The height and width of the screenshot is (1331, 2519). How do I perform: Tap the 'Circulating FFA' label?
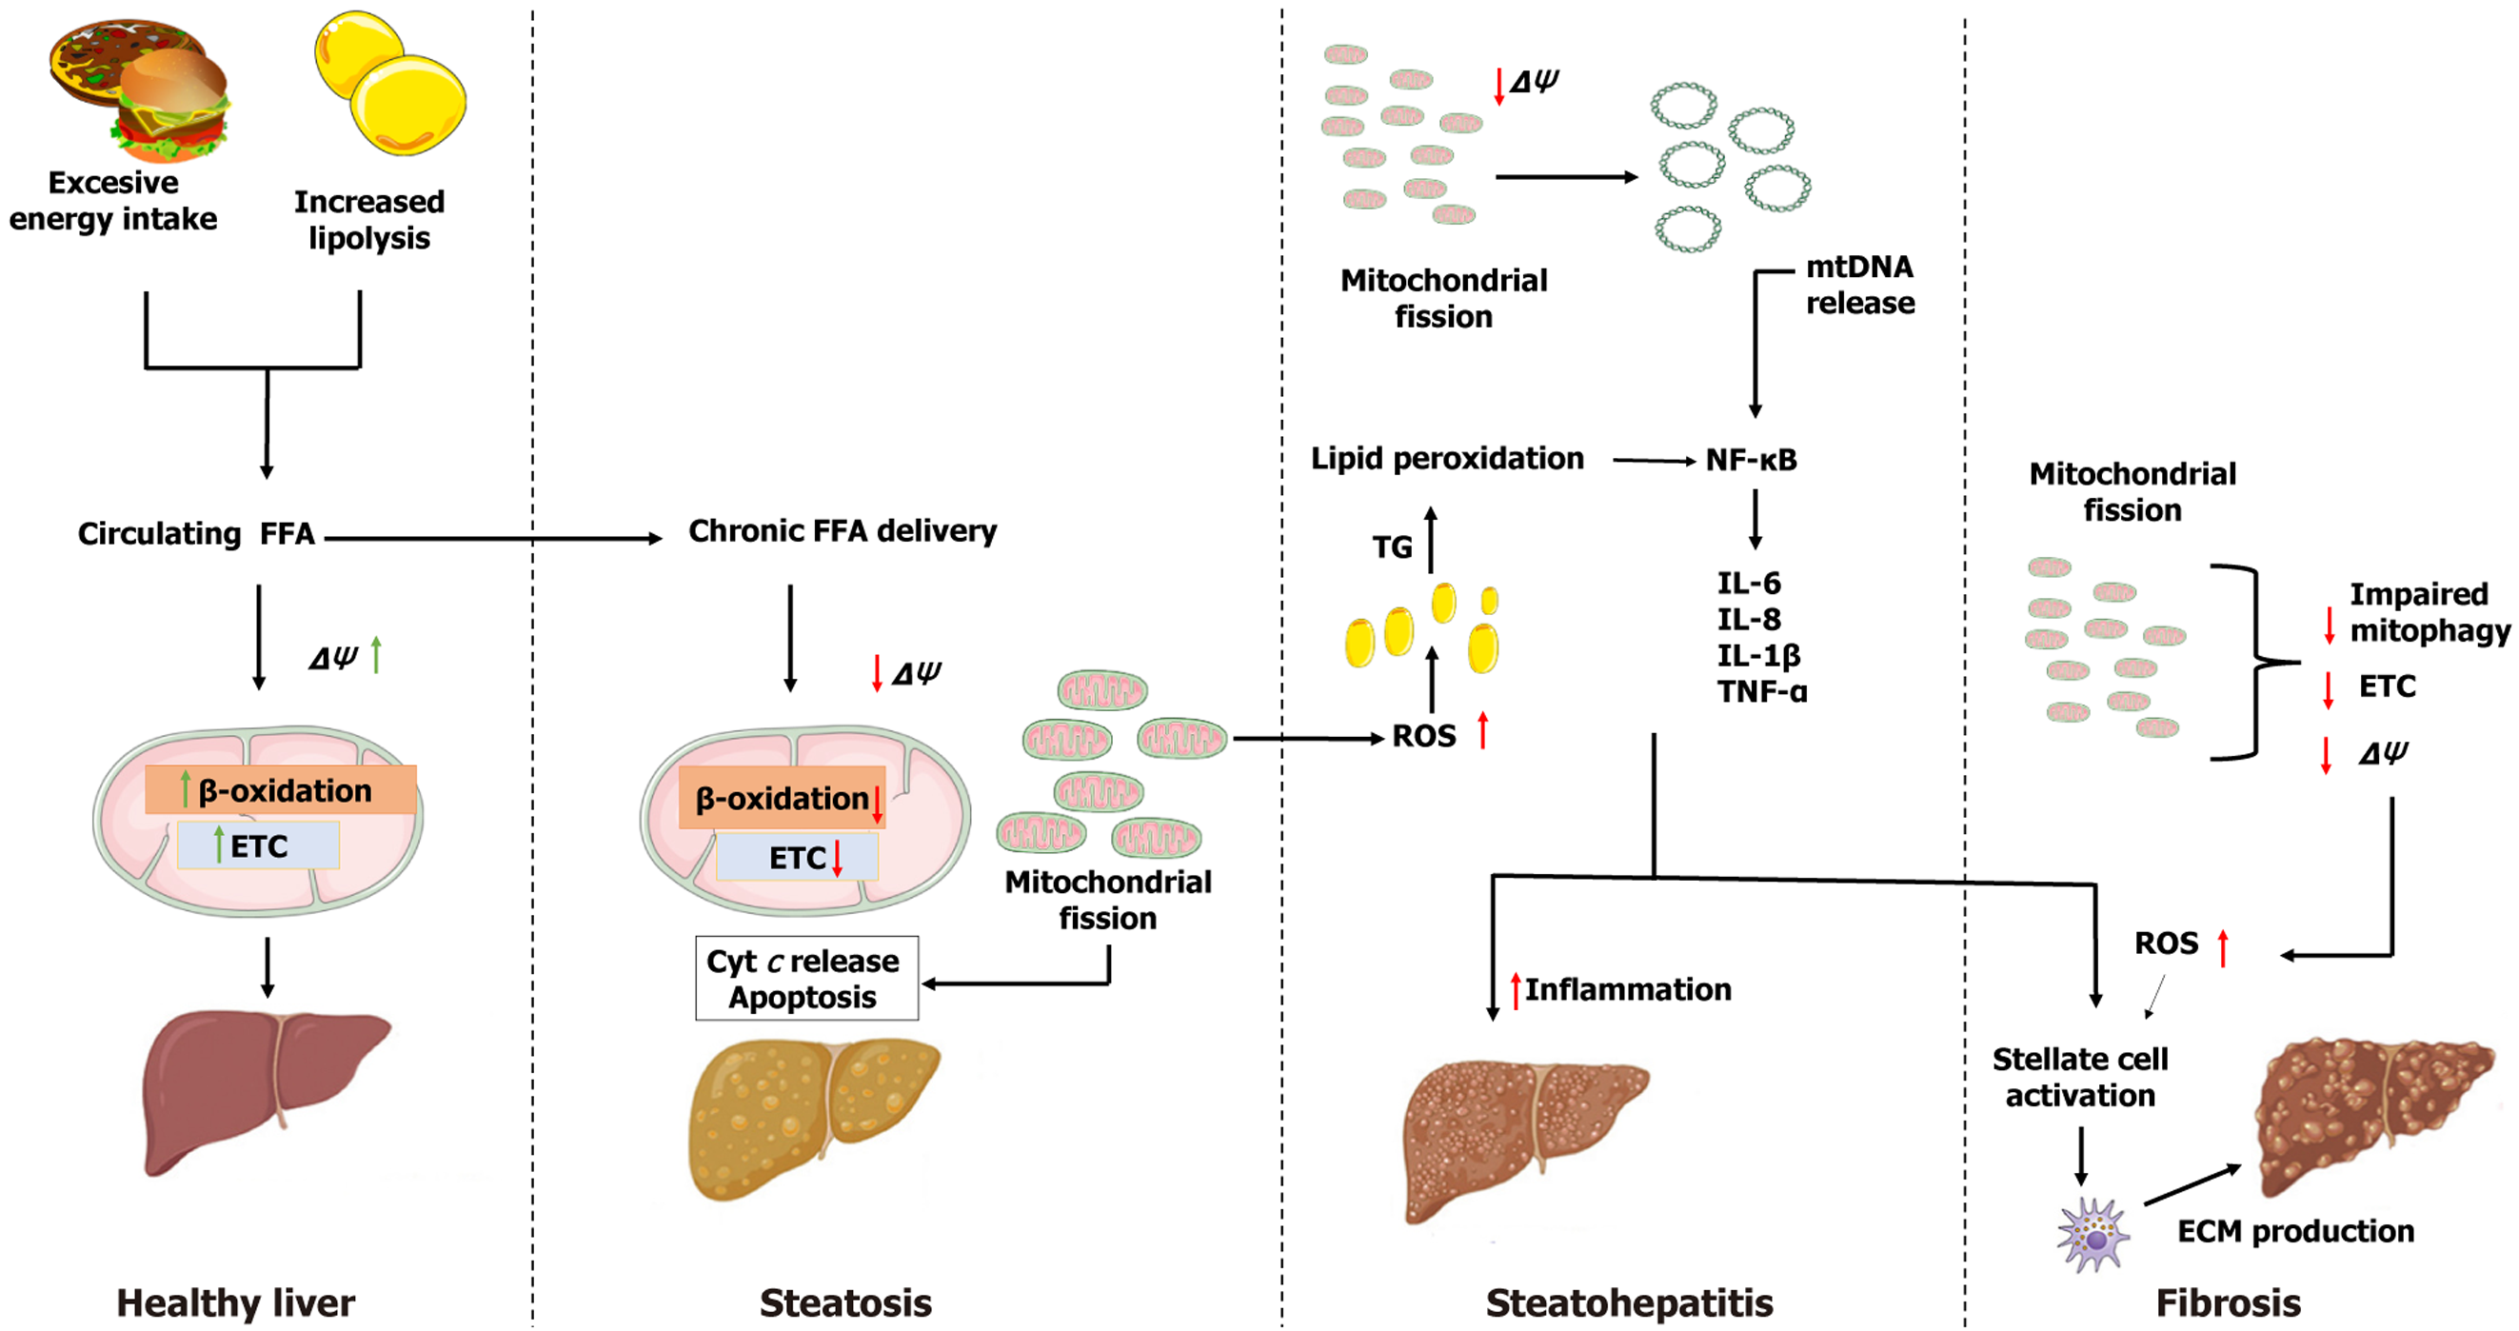195,534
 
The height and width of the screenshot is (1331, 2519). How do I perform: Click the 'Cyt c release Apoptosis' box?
805,978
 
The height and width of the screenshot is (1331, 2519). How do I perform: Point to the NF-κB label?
1751,460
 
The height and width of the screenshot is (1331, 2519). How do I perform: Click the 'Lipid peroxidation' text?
1446,459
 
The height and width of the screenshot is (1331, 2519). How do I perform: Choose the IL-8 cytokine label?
1749,619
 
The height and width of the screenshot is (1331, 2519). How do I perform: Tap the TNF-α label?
1762,691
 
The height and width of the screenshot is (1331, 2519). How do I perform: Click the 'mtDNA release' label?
1859,285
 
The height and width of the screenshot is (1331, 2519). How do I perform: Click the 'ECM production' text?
2295,1231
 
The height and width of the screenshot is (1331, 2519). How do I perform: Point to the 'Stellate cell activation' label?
2080,1077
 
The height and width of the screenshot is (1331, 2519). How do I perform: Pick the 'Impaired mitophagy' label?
2430,612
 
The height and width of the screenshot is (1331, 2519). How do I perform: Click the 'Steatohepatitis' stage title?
1628,1302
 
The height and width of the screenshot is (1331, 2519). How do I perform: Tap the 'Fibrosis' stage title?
2228,1302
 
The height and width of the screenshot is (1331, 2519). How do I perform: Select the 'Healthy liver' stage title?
236,1302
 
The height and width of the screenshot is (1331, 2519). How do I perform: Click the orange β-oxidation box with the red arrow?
783,799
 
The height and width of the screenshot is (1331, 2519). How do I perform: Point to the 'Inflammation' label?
1627,990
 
